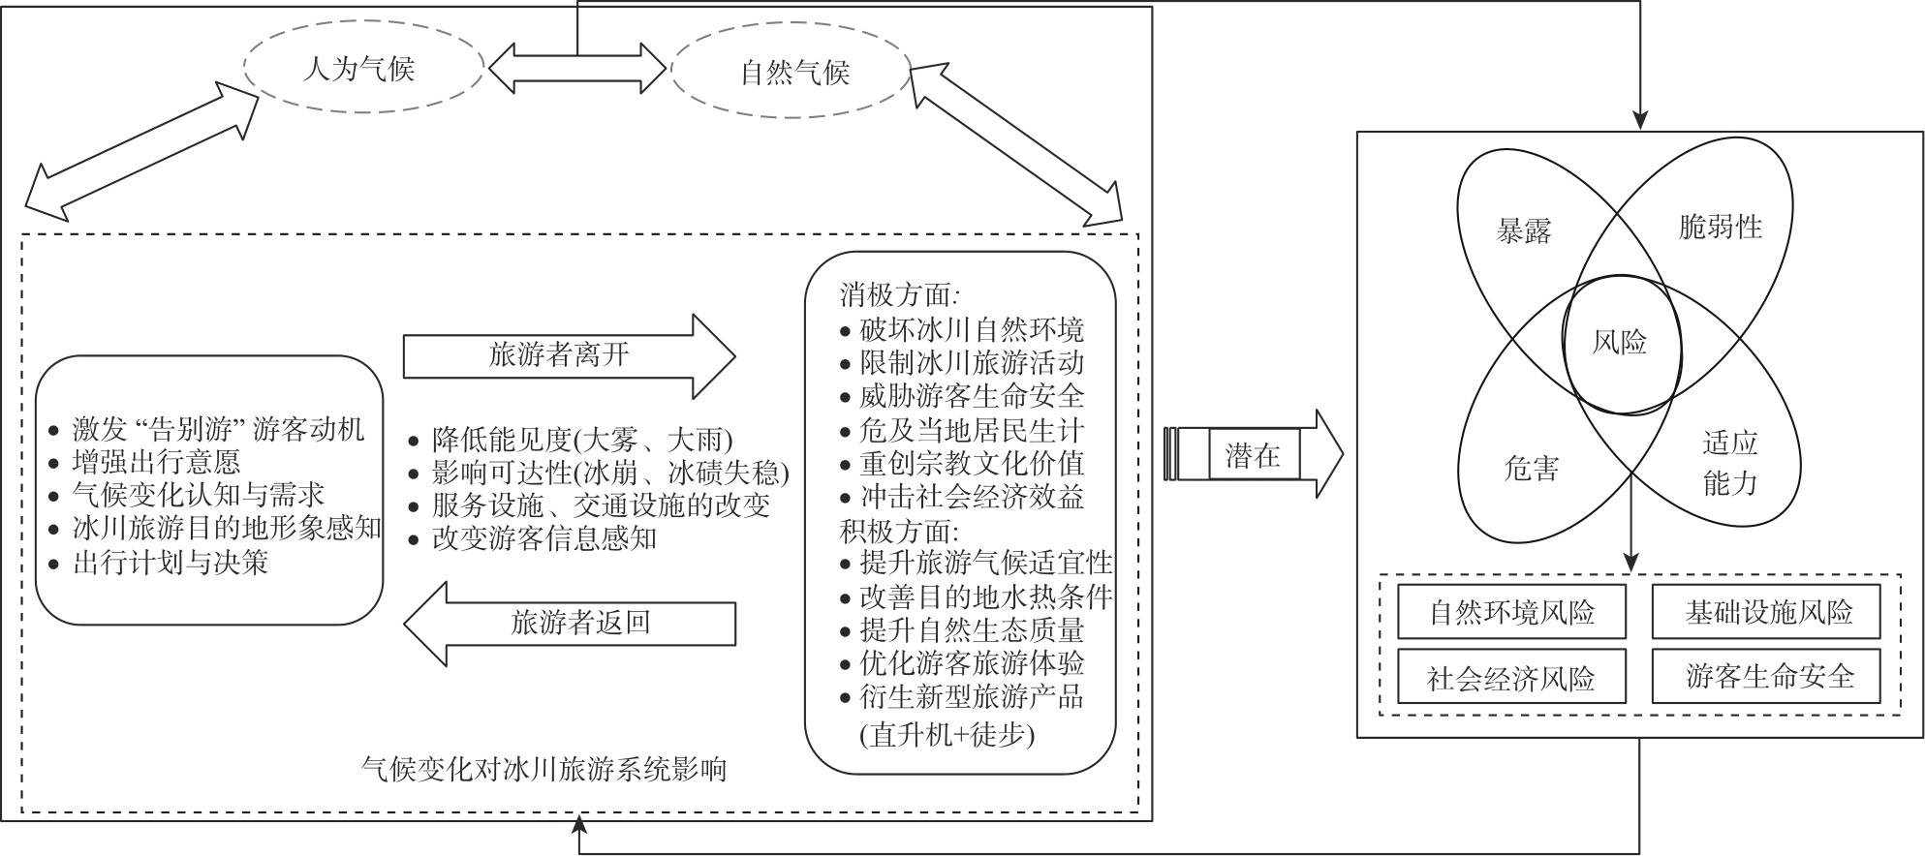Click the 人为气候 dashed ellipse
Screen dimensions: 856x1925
[363, 69]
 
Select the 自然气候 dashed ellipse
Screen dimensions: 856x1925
[792, 72]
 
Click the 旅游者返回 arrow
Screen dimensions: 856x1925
[571, 623]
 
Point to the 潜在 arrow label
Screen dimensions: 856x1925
[1253, 454]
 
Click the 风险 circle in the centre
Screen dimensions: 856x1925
[1621, 342]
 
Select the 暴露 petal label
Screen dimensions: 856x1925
[1524, 230]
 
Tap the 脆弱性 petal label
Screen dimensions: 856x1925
[1720, 228]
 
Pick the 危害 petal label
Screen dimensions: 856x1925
[1532, 469]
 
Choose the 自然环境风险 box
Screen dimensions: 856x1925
[1511, 612]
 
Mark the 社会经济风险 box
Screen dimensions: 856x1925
[1511, 677]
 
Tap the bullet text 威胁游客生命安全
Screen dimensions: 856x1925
[972, 396]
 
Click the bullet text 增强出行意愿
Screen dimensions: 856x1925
[156, 461]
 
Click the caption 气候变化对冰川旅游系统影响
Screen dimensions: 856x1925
[543, 770]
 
